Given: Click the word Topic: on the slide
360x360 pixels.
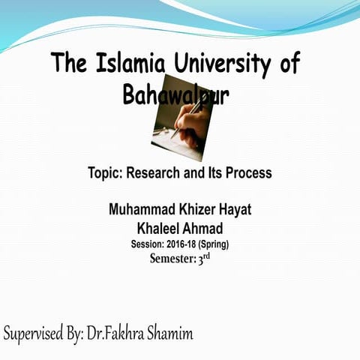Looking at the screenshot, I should coord(105,173).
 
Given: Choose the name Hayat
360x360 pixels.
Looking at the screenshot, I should coord(237,209).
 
